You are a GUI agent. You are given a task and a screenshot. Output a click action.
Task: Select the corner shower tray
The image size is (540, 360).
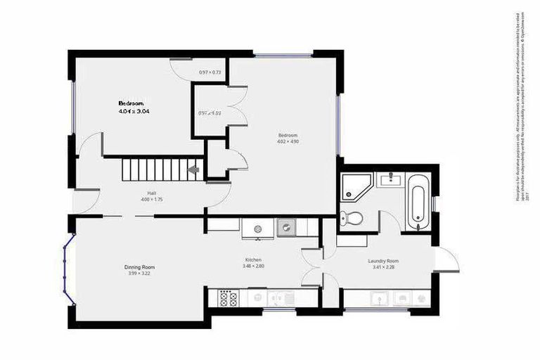[x=355, y=186]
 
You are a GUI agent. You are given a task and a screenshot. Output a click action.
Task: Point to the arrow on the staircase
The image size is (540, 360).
[x=193, y=170]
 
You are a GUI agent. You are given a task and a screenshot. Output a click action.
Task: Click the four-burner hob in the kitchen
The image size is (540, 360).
[x=227, y=299]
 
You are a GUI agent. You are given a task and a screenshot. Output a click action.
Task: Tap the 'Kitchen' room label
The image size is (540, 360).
[x=252, y=259]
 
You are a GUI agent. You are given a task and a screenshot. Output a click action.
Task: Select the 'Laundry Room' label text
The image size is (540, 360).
[x=382, y=260]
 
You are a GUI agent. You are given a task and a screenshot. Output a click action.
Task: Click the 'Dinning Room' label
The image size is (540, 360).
[x=139, y=267]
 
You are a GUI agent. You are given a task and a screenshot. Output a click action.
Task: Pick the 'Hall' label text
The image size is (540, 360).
[x=151, y=193]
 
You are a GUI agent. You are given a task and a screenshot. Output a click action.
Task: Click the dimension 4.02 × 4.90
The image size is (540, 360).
[x=288, y=141]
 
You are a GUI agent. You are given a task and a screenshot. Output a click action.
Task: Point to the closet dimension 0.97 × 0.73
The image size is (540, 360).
[x=210, y=72]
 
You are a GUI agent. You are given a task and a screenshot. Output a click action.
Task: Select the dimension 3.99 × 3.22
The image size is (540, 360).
[x=139, y=274]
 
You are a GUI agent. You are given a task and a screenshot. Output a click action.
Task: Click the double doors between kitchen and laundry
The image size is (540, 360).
[x=313, y=268]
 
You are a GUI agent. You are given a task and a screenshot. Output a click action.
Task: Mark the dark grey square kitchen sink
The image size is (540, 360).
[x=286, y=227]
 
